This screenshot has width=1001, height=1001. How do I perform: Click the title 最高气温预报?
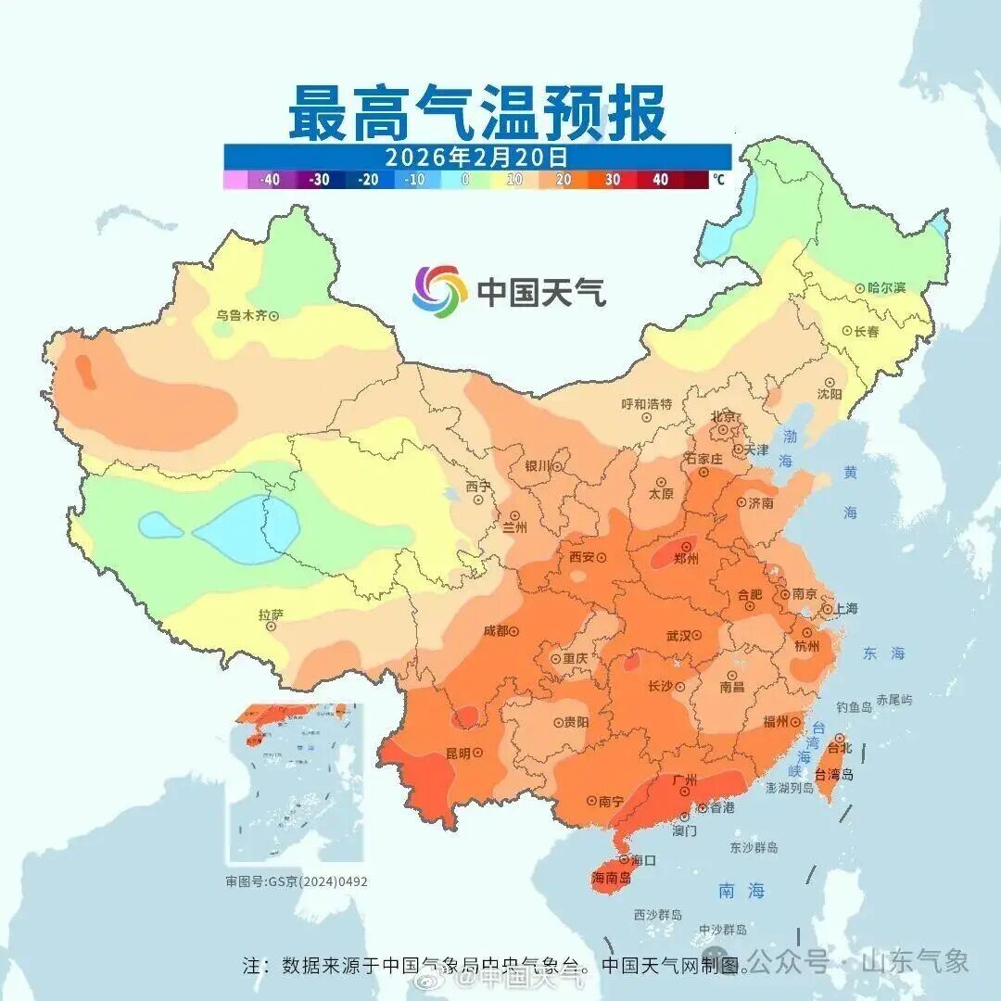click(x=476, y=112)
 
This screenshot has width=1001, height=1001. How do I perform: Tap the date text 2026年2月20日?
click(x=476, y=157)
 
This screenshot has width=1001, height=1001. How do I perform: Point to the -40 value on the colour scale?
click(x=270, y=180)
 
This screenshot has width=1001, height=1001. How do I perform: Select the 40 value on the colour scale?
click(x=660, y=180)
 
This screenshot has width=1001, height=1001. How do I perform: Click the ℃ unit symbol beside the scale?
click(x=719, y=180)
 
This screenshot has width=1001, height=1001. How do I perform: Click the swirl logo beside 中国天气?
click(x=439, y=291)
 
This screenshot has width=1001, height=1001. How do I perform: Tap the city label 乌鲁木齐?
click(x=241, y=315)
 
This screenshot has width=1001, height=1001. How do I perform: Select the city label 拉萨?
click(x=271, y=615)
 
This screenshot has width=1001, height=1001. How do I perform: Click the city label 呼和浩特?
click(x=646, y=404)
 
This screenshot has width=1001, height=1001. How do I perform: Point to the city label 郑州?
click(x=686, y=559)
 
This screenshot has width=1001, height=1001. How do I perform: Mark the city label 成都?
click(x=496, y=631)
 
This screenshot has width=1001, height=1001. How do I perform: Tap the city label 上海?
click(x=845, y=609)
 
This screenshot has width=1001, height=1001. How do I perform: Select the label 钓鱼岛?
click(x=854, y=707)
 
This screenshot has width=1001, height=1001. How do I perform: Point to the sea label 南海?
click(x=741, y=891)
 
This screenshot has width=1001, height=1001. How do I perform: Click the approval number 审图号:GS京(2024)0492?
click(x=297, y=881)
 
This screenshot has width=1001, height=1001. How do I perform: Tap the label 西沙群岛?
click(x=658, y=915)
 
